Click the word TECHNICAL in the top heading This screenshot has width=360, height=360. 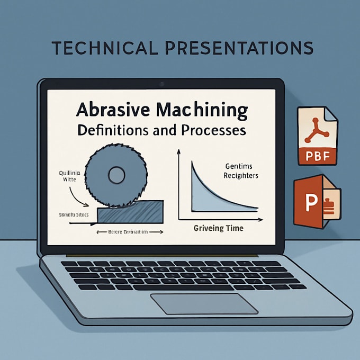click(x=104, y=48)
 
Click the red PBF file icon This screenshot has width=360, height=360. click(x=317, y=135)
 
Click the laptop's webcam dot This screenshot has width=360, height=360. click(x=161, y=83)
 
